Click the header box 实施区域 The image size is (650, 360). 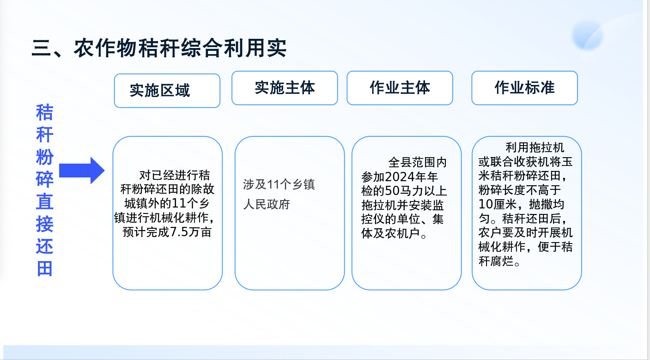[167, 91]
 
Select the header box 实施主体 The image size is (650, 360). [285, 88]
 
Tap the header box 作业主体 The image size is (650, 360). [400, 88]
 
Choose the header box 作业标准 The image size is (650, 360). [525, 88]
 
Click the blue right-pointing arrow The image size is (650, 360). [82, 171]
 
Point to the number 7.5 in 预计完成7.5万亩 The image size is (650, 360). [179, 232]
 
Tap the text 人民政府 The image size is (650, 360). [267, 204]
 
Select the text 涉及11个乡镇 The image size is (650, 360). [279, 184]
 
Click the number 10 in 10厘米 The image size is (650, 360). [485, 204]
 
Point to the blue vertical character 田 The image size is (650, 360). [45, 268]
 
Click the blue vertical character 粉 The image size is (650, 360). [45, 157]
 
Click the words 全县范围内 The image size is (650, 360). [417, 162]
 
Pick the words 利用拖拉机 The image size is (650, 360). [535, 147]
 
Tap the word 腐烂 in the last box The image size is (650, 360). [502, 261]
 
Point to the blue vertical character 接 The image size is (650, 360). [45, 224]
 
